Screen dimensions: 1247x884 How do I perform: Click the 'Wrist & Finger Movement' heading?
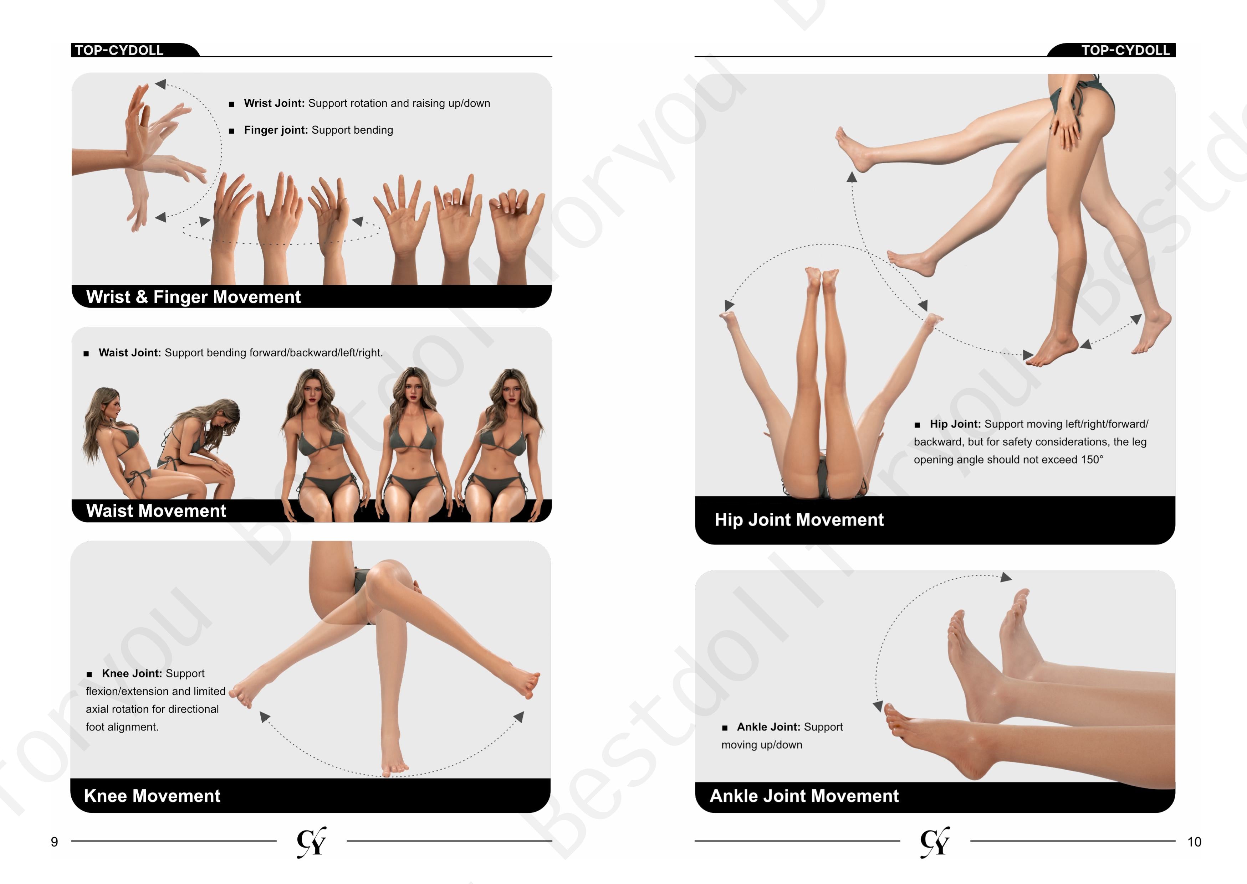tap(193, 297)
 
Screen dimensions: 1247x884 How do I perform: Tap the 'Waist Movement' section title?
tap(156, 511)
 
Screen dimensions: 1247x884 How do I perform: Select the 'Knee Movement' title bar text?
tap(152, 796)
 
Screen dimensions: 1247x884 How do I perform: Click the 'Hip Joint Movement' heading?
tap(799, 520)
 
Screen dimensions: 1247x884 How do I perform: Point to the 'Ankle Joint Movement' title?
tap(804, 796)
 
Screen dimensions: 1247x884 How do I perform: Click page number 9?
tap(55, 842)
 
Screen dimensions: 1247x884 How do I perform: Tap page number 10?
tap(1194, 842)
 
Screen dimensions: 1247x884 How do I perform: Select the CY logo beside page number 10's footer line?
tap(935, 842)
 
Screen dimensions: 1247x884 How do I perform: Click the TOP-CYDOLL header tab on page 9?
tap(119, 50)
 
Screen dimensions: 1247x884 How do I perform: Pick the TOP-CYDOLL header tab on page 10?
tap(1125, 50)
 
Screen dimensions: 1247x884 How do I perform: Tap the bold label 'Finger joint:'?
tap(276, 130)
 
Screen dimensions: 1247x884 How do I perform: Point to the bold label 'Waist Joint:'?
tap(130, 353)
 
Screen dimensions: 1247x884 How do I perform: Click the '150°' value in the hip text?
tap(1092, 460)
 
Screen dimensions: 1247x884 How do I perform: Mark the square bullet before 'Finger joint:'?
tap(231, 131)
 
